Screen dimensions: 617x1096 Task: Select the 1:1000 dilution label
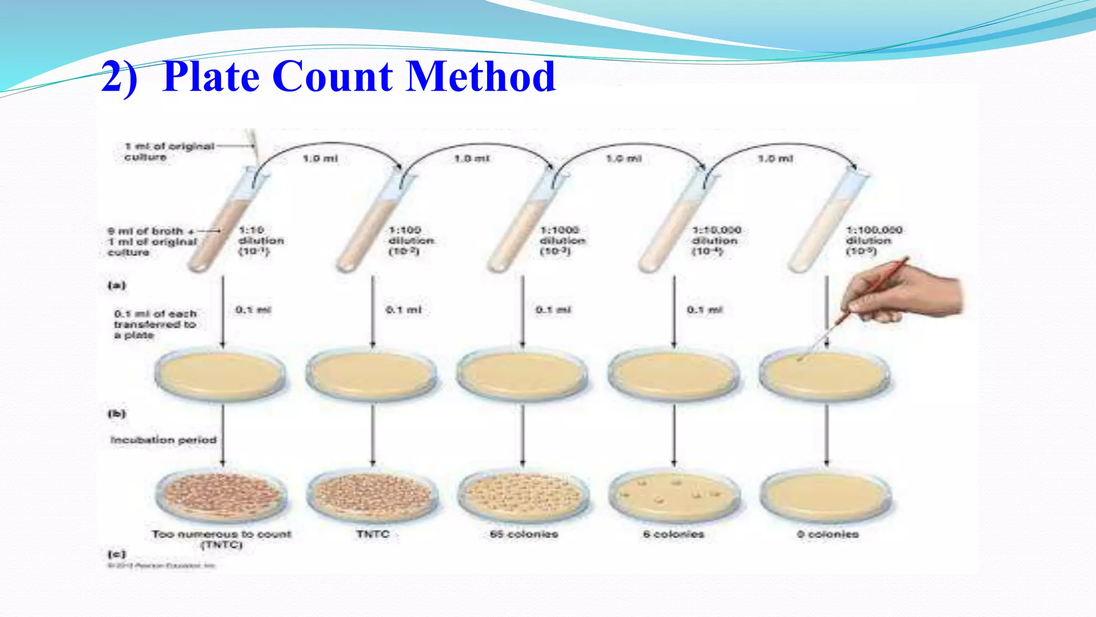click(561, 240)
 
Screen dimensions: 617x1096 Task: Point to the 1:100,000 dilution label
click(873, 240)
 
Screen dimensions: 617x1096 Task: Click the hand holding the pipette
click(910, 295)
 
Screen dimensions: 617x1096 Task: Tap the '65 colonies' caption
click(524, 534)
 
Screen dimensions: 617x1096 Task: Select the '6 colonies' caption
click(673, 534)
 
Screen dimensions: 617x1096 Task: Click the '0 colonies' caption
click(827, 534)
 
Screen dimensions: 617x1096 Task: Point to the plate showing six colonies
click(674, 495)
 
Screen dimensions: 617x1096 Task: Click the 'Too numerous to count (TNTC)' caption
click(222, 539)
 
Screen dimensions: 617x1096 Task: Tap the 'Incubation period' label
click(163, 440)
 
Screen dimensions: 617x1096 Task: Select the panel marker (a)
click(117, 285)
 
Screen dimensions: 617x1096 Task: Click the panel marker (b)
click(117, 413)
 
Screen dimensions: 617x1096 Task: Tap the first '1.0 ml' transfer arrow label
click(320, 159)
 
